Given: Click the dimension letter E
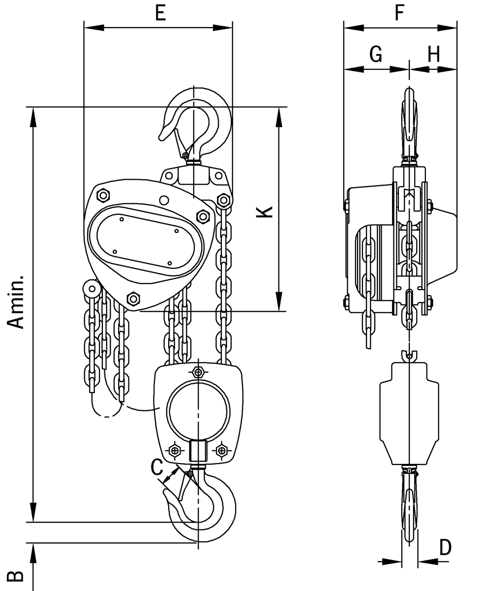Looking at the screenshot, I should pyautogui.click(x=160, y=13).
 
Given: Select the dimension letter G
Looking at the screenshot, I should pyautogui.click(x=375, y=55).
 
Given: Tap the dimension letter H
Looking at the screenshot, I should pyautogui.click(x=433, y=55).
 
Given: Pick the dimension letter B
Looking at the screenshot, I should pyautogui.click(x=16, y=575).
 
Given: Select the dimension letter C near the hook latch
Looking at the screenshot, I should pyautogui.click(x=156, y=467).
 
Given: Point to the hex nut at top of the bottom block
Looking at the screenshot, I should pyautogui.click(x=198, y=371).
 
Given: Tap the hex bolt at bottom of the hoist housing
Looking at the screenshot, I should pyautogui.click(x=133, y=298).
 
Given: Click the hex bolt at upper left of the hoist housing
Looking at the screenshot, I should pyautogui.click(x=103, y=196).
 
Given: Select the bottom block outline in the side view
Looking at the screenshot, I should pyautogui.click(x=409, y=414).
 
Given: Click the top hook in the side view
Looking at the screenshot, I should pyautogui.click(x=410, y=123).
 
